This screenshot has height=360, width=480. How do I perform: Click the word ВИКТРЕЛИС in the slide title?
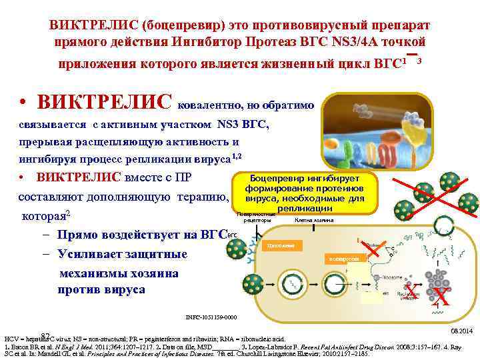tap(91, 25)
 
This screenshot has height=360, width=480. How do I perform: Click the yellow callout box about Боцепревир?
tap(303, 193)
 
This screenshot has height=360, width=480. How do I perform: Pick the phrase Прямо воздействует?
tap(100, 235)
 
